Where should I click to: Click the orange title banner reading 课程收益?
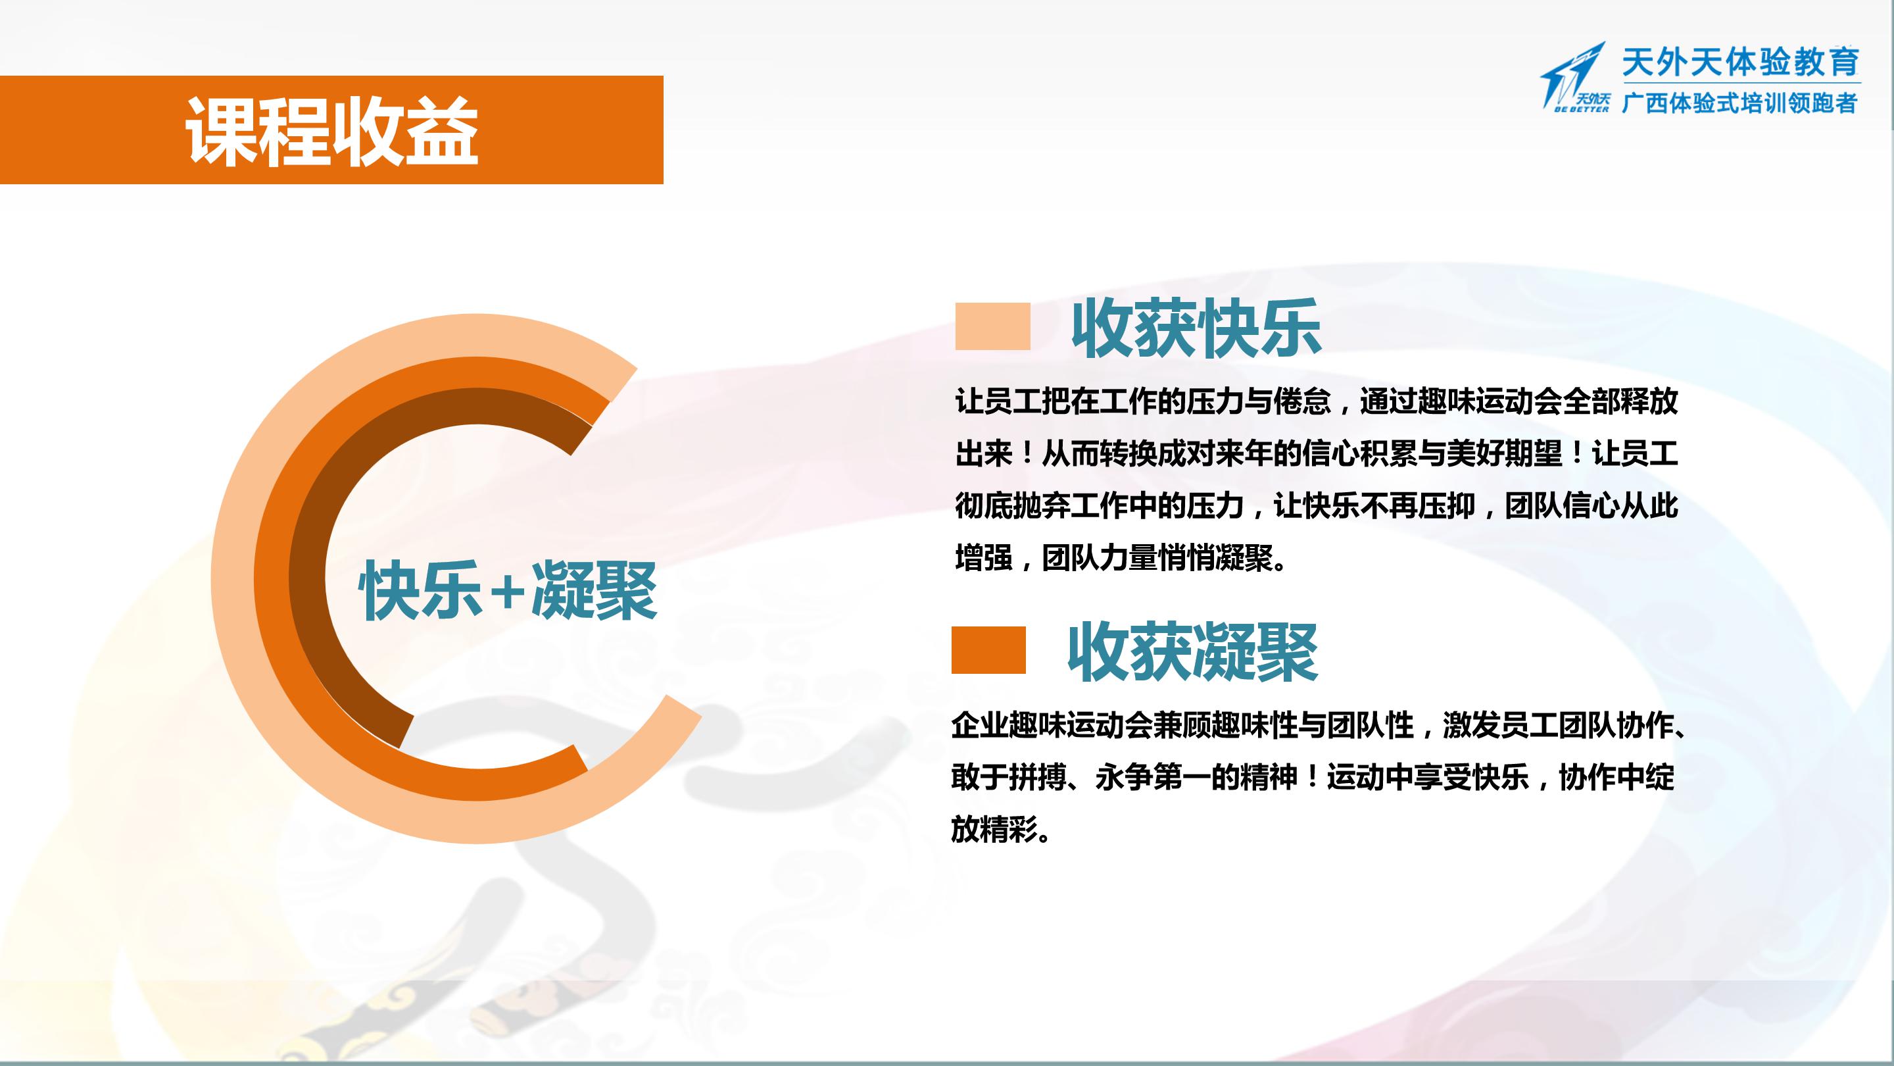pos(331,130)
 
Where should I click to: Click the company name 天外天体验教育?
pos(1740,62)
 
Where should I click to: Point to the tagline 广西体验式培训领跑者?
pos(1739,102)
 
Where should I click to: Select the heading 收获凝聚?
pos(1192,652)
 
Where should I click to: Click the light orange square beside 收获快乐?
pos(992,326)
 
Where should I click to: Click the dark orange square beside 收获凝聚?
pos(988,649)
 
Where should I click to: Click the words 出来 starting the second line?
pos(984,454)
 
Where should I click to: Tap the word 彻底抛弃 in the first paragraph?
pos(1013,506)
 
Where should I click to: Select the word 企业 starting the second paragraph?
pos(979,725)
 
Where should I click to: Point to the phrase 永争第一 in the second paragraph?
pos(1153,778)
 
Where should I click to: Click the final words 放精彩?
pos(994,830)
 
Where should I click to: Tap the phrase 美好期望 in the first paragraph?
pos(1503,454)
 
